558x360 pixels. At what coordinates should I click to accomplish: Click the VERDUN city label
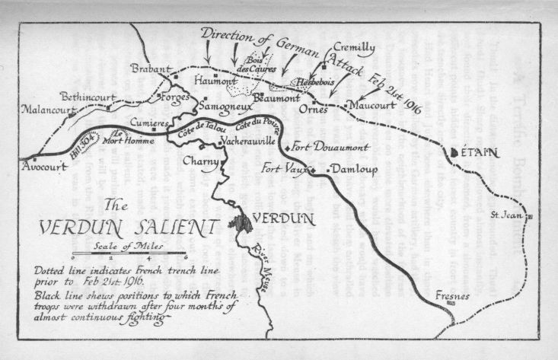coord(282,218)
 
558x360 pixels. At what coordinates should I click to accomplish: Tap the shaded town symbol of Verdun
coord(243,225)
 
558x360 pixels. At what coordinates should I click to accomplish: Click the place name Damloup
coord(350,170)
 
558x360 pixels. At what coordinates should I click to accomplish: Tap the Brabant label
coord(151,68)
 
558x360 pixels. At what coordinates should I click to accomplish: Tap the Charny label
coord(202,161)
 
